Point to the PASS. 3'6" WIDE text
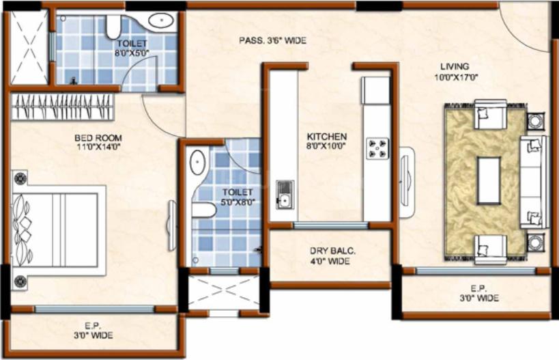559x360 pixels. pos(272,41)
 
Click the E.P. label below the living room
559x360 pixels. pos(477,293)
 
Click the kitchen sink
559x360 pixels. pos(284,194)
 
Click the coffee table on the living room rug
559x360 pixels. pos(489,180)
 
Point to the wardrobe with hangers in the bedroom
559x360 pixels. pos(62,107)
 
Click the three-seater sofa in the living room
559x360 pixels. pos(533,181)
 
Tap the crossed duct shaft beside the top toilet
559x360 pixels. pos(29,47)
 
